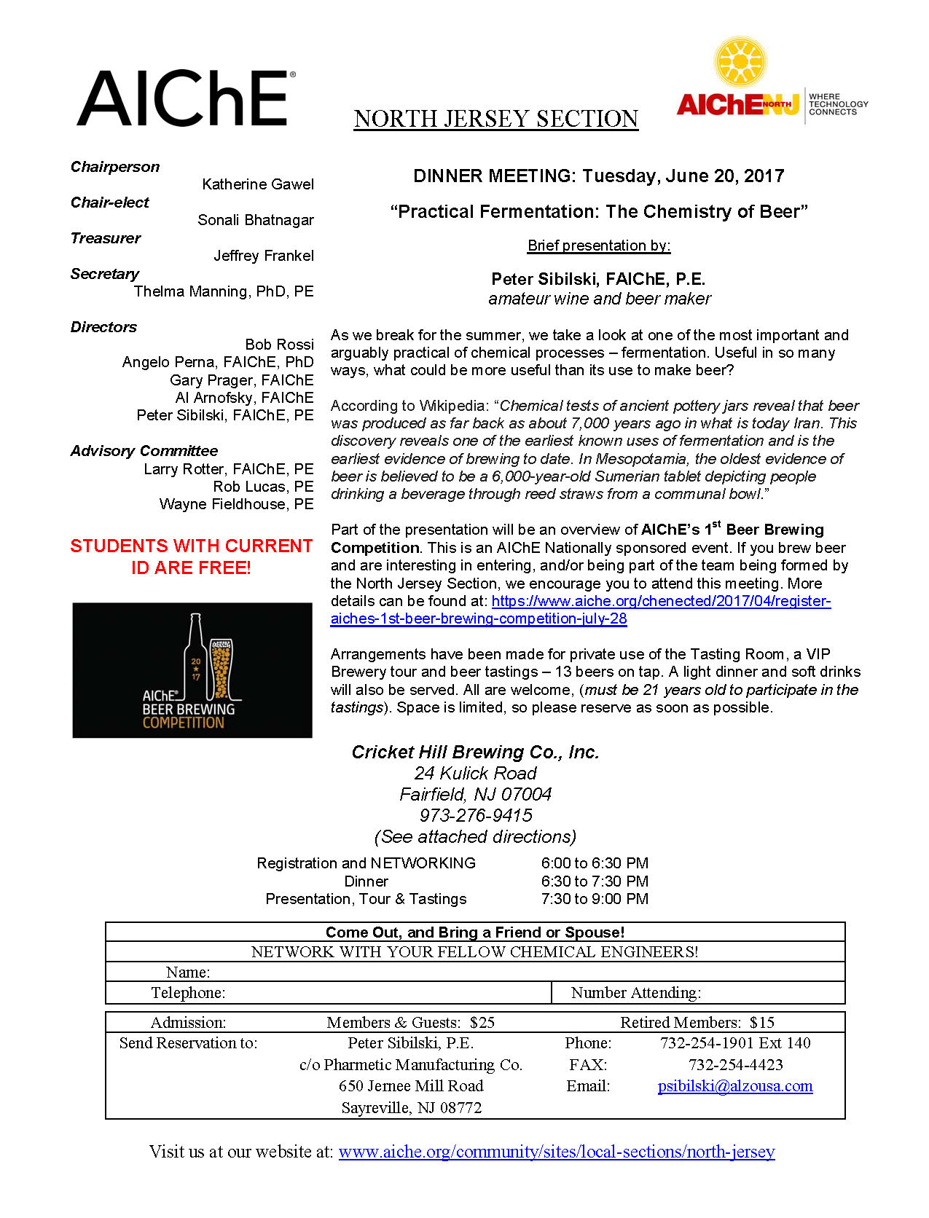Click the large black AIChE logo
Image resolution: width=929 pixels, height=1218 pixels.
pyautogui.click(x=186, y=98)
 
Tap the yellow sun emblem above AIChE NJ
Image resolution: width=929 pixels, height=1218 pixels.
pyautogui.click(x=740, y=63)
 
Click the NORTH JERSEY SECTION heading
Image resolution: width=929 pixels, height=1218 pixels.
pyautogui.click(x=496, y=119)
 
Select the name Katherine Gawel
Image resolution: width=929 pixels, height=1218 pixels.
pyautogui.click(x=258, y=184)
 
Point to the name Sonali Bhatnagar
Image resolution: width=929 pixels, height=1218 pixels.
pyautogui.click(x=256, y=220)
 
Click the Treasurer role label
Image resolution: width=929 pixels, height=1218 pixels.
pyautogui.click(x=106, y=238)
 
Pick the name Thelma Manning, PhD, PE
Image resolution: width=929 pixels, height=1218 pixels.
pyautogui.click(x=224, y=291)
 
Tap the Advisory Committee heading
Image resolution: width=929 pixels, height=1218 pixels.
pyautogui.click(x=144, y=451)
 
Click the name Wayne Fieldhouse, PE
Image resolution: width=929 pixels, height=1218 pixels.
pyautogui.click(x=236, y=504)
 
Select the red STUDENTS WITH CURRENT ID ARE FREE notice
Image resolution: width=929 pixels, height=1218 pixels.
pyautogui.click(x=191, y=557)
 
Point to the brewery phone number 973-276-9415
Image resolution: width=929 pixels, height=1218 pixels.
pyautogui.click(x=476, y=815)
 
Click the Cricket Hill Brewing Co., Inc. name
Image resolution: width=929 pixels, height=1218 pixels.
pyautogui.click(x=475, y=753)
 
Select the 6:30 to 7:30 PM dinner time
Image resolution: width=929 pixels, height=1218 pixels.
pyautogui.click(x=595, y=881)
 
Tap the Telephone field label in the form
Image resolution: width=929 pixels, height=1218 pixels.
pyautogui.click(x=188, y=993)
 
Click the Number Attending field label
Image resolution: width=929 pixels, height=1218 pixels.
pyautogui.click(x=635, y=993)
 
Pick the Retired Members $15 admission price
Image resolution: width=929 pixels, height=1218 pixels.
pyautogui.click(x=697, y=1023)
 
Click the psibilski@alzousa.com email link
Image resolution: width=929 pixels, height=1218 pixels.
pyautogui.click(x=735, y=1086)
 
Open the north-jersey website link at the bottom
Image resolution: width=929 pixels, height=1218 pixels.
pyautogui.click(x=557, y=1152)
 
